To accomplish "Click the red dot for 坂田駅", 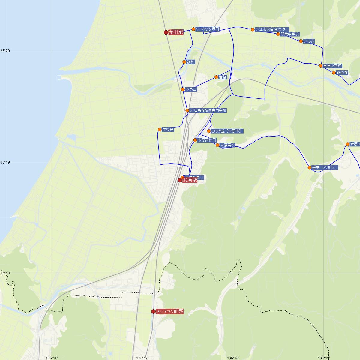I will [166, 32].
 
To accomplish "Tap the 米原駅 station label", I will [190, 180].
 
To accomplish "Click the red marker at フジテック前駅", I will [154, 312].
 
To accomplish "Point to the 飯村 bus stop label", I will [190, 62].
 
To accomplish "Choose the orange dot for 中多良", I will [160, 130].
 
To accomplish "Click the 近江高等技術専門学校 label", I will [208, 110].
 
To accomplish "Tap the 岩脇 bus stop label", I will [223, 77].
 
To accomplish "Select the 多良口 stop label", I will [191, 89].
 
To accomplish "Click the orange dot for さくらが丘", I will [209, 131].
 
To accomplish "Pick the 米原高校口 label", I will [207, 140].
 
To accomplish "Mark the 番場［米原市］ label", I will [325, 167].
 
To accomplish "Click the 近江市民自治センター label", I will [272, 29].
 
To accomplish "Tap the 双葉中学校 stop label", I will [290, 34].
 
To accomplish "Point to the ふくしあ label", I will [309, 41].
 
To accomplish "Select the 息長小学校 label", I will [332, 66].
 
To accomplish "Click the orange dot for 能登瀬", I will [334, 73].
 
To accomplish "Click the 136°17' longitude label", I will [142, 358].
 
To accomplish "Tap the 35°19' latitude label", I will [5, 162].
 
